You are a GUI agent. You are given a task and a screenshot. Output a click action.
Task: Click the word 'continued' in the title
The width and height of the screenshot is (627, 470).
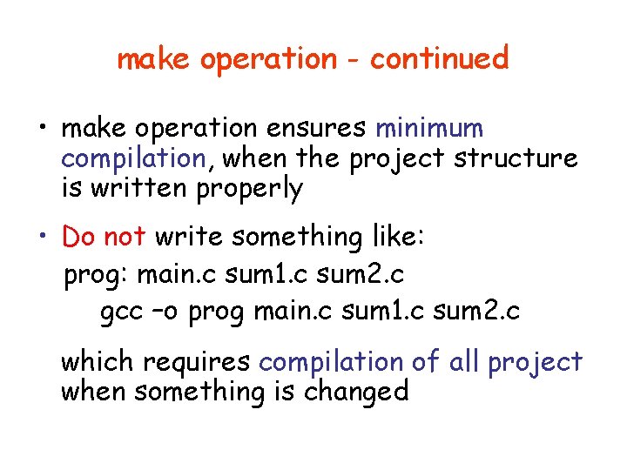[439, 59]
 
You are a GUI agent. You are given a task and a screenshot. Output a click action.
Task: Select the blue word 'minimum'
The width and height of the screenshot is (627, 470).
[429, 129]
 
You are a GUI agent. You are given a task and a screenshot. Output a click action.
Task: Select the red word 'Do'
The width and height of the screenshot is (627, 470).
[79, 236]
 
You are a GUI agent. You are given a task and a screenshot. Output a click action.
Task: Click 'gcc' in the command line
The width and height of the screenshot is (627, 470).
[120, 312]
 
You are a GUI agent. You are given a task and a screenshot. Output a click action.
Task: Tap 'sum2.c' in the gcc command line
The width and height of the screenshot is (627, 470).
[477, 311]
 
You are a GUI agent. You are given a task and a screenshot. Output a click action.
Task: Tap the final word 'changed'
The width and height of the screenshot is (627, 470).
[356, 392]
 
